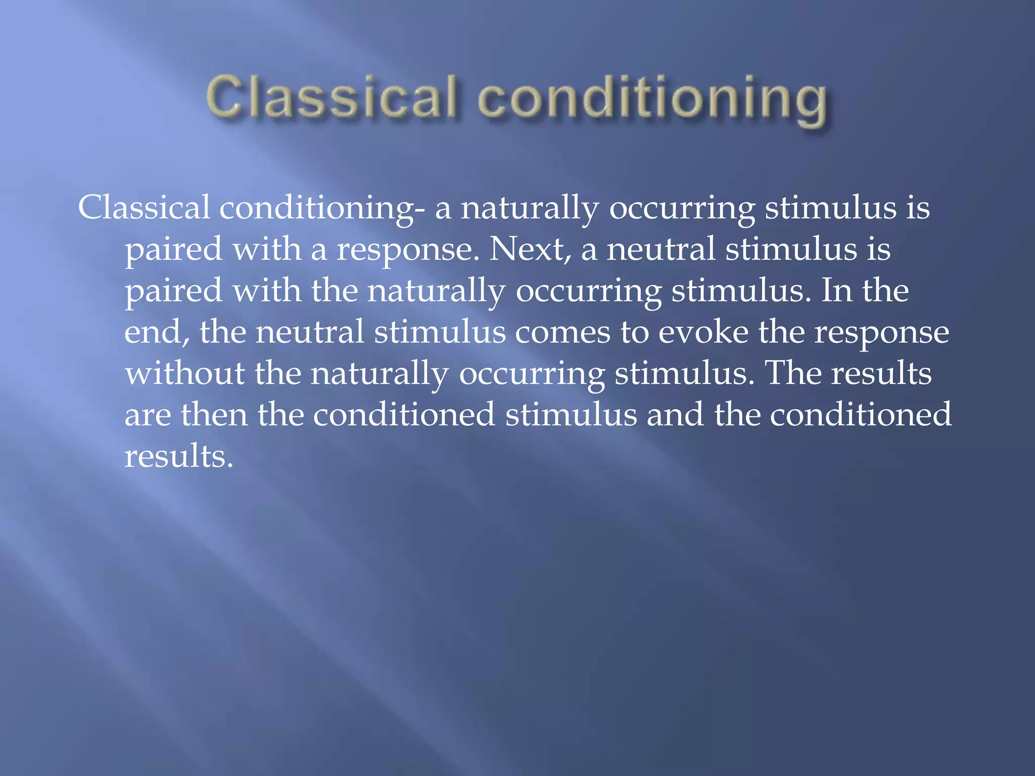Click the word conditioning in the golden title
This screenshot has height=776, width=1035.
[x=652, y=99]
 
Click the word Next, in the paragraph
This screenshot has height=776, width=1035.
[x=530, y=249]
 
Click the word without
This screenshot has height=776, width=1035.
[x=184, y=373]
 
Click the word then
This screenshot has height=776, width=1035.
[x=214, y=415]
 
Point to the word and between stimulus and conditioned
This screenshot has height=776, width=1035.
[x=675, y=415]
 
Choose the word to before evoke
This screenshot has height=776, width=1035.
[x=634, y=332]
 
